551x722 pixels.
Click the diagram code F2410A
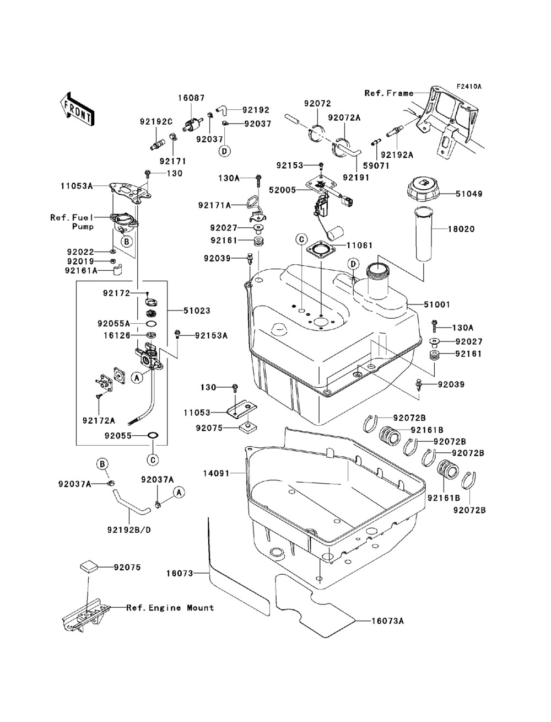click(468, 87)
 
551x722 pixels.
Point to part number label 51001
click(437, 304)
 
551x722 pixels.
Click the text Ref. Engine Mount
click(170, 608)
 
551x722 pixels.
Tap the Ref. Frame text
click(388, 93)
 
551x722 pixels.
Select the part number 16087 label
click(191, 98)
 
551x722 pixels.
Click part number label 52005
click(283, 190)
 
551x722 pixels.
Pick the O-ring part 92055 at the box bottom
click(153, 436)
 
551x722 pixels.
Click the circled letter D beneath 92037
click(224, 151)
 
